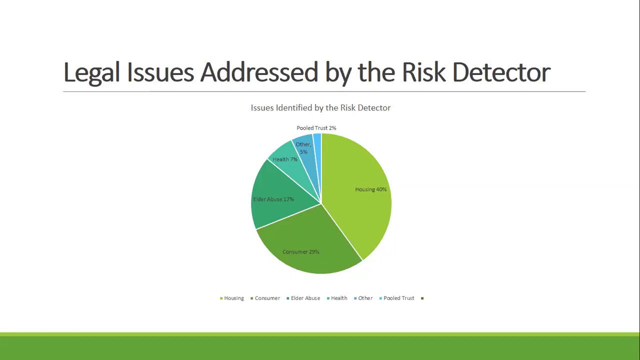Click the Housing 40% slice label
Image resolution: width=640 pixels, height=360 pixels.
coord(370,189)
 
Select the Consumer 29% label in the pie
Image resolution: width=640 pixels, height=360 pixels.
coord(300,252)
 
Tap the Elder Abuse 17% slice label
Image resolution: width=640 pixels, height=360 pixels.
coord(273,199)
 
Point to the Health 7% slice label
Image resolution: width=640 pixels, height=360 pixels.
coord(285,159)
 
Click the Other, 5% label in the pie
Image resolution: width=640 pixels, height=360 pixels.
coord(303,148)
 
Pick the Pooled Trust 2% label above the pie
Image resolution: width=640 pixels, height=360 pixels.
coord(316,128)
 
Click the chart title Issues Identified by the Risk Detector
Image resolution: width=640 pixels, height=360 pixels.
coord(320,107)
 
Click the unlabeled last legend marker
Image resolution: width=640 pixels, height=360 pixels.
coord(422,298)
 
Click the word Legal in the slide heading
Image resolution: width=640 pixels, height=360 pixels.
coord(92,72)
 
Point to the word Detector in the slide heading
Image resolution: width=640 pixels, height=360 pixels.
coord(501,72)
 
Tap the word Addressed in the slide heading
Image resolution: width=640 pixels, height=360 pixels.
coord(259,72)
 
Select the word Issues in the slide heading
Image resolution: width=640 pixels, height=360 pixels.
coord(160,72)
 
